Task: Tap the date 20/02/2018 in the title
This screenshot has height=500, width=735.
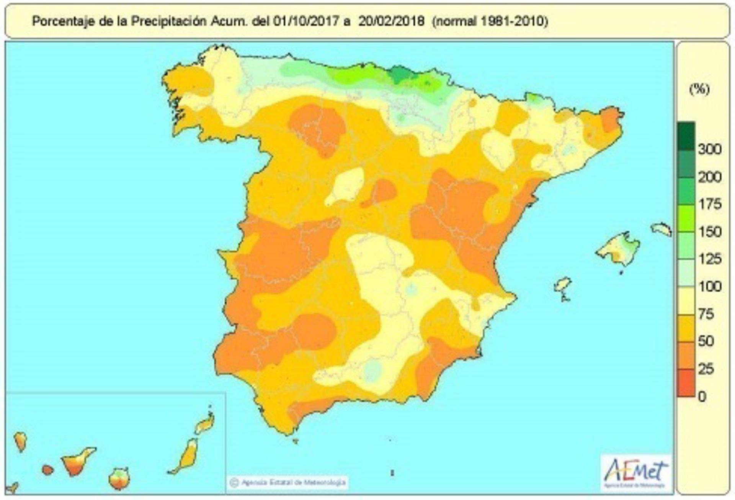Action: (391, 21)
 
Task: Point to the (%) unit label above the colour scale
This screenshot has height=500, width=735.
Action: (699, 89)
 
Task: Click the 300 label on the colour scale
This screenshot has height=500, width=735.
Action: (710, 149)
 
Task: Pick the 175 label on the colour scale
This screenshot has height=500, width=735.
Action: (710, 204)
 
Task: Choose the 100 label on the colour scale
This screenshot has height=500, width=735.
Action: (710, 287)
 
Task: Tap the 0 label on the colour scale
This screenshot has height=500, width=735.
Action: (702, 397)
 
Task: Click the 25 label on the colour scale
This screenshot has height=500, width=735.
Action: (706, 369)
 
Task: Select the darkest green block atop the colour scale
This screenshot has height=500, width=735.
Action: (686, 136)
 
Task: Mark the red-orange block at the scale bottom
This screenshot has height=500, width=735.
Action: (686, 383)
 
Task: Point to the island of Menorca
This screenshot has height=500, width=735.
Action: (661, 229)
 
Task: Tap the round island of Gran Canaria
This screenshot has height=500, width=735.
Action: (119, 479)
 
